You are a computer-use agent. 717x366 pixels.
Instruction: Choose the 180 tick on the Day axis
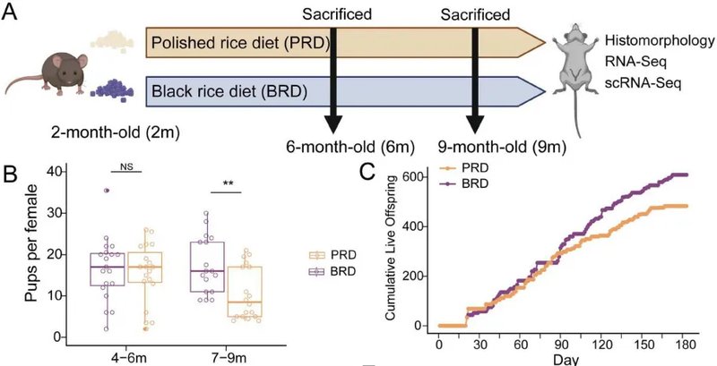click(x=687, y=344)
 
